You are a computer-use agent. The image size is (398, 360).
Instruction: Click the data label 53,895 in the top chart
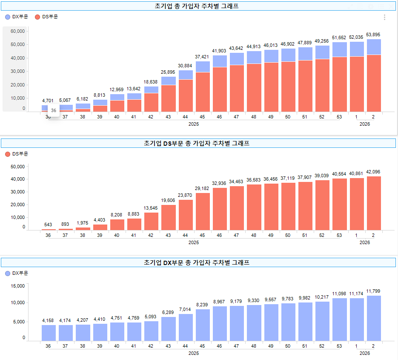(373, 35)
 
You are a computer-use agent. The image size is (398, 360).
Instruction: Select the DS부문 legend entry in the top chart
(46, 17)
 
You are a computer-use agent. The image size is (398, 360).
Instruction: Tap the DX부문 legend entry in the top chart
(17, 17)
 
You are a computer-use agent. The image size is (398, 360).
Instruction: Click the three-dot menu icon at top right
(384, 17)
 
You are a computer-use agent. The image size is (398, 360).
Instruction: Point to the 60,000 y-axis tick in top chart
(17, 32)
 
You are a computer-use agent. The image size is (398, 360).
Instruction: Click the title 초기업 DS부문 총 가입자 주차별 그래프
(198, 143)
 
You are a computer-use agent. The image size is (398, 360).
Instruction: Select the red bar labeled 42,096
(373, 203)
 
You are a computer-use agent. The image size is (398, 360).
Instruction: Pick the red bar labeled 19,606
(168, 217)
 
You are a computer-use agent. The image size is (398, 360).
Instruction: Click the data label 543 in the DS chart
(48, 225)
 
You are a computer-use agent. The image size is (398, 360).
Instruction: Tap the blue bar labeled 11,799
(373, 318)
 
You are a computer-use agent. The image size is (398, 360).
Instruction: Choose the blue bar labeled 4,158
(49, 333)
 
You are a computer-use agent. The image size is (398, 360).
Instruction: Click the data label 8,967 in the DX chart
(220, 302)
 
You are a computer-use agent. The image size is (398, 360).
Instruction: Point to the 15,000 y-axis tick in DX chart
(17, 286)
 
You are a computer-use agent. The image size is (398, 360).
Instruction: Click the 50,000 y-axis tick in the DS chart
(17, 167)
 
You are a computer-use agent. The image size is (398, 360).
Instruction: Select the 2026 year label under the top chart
(364, 124)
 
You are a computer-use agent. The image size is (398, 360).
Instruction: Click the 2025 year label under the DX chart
(194, 353)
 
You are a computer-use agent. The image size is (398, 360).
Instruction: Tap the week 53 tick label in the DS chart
(339, 235)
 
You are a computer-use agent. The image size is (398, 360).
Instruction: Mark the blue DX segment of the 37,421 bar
(203, 66)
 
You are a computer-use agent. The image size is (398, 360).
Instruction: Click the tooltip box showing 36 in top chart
(54, 110)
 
